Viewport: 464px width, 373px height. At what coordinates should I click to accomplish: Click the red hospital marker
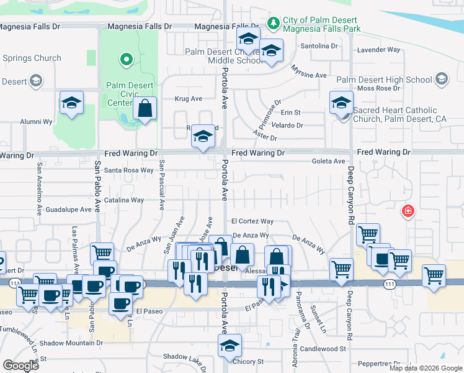coord(408,211)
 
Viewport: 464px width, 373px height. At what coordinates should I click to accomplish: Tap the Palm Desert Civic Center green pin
coord(127,60)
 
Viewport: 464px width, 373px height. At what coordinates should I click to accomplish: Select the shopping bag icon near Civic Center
coord(145,109)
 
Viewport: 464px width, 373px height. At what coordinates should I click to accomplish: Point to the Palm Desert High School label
coord(384,80)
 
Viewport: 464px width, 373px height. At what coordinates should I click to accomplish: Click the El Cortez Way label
coord(252,221)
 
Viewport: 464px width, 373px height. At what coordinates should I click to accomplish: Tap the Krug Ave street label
coord(189,98)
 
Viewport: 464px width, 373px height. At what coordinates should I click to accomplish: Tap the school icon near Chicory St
coord(230,346)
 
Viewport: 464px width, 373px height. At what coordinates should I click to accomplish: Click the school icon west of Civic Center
coord(71,103)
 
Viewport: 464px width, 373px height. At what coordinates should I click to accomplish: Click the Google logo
coord(20,365)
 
